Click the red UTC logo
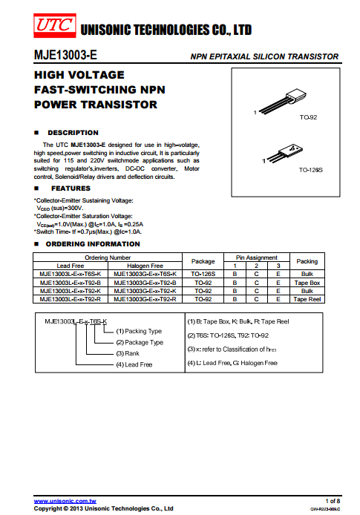click(55, 25)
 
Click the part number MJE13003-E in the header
click(65, 55)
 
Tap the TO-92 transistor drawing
click(283, 100)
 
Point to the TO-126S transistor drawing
click(284, 154)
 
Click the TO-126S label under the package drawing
click(310, 170)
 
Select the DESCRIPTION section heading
click(73, 133)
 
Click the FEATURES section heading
click(71, 188)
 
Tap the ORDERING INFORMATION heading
click(93, 244)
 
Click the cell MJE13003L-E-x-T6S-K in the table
click(71, 274)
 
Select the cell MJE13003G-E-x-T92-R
click(145, 299)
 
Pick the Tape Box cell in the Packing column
click(307, 283)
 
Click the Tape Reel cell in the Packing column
click(307, 299)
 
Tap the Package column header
click(203, 261)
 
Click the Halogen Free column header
click(145, 266)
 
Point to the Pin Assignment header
click(257, 257)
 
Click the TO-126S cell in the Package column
click(203, 274)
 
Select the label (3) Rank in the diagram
click(128, 353)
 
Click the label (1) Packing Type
click(139, 331)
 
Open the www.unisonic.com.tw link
click(65, 501)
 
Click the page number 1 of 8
click(333, 501)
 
